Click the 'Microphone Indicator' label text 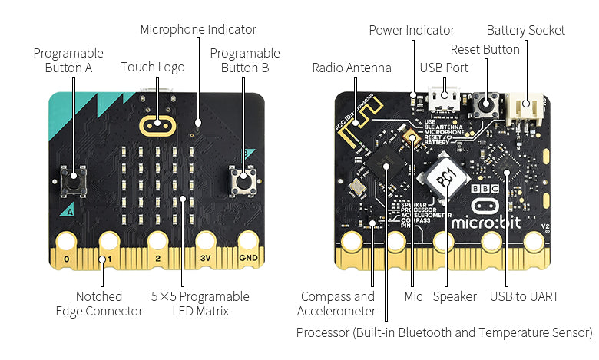coord(198,29)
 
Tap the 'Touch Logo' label coord(153,67)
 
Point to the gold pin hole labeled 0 coord(67,242)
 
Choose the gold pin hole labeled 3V coord(205,242)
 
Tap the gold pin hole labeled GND coord(248,242)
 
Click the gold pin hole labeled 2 coord(158,242)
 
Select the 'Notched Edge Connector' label coord(99,303)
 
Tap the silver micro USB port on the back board coord(441,101)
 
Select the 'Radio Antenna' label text coord(352,68)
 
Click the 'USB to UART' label coord(525,296)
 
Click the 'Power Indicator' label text coord(412,30)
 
